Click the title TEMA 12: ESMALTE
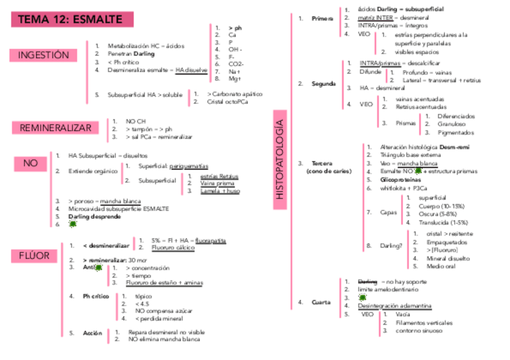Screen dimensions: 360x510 pyautogui.click(x=71, y=19)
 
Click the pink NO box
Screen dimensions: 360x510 pyautogui.click(x=30, y=163)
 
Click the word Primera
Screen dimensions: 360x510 pyautogui.click(x=322, y=19)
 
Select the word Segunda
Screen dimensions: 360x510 pyautogui.click(x=324, y=84)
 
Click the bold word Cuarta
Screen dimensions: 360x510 pyautogui.click(x=321, y=302)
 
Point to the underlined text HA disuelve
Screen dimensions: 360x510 pyautogui.click(x=191, y=70)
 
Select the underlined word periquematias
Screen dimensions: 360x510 pyautogui.click(x=189, y=166)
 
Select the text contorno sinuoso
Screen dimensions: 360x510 pyautogui.click(x=419, y=331)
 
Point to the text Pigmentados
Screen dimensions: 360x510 pyautogui.click(x=456, y=133)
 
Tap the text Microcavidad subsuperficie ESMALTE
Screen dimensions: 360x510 pyautogui.click(x=118, y=209)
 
